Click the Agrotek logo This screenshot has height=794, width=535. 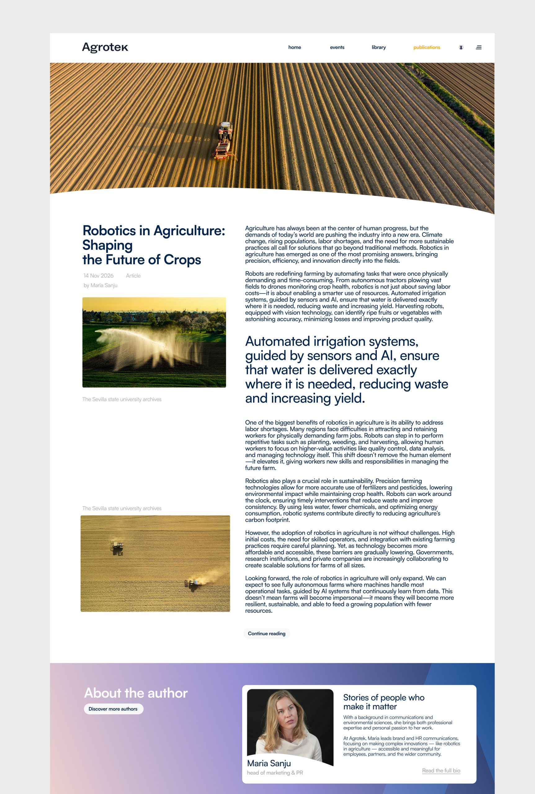click(105, 47)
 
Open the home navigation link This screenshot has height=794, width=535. click(294, 47)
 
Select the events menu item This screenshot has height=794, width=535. click(337, 47)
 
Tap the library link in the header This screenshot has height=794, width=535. click(378, 47)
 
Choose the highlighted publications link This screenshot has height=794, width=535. click(426, 47)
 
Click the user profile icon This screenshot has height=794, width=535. click(461, 47)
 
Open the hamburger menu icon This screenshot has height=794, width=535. click(479, 47)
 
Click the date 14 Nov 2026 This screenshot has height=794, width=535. click(98, 276)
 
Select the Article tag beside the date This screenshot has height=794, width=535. click(133, 276)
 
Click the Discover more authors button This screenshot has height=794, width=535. click(113, 709)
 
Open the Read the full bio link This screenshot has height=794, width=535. click(441, 770)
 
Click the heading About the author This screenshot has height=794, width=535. click(136, 693)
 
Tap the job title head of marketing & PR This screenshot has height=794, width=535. click(275, 773)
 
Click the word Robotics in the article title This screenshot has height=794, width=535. click(109, 231)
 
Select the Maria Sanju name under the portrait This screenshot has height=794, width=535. click(269, 763)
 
